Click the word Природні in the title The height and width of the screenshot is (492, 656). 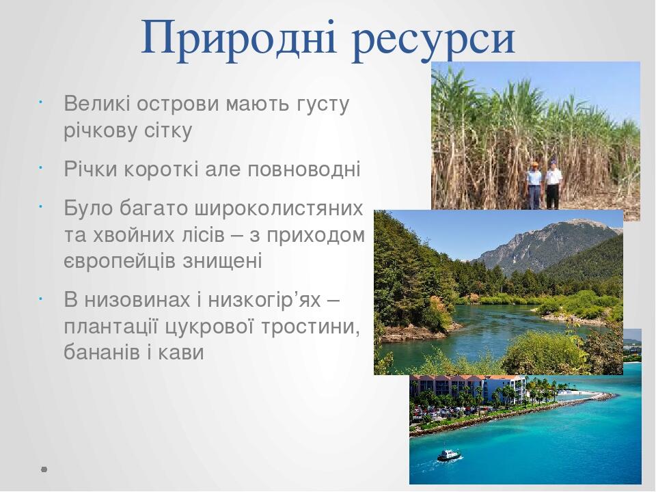239,39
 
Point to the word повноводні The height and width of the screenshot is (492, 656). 304,169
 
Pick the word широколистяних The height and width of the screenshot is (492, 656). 279,208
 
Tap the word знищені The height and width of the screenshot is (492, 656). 222,261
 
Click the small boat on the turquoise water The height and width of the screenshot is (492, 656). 449,455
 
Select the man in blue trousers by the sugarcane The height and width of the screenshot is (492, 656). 534,185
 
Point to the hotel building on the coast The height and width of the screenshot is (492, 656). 467,389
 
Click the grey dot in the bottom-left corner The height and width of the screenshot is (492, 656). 44,469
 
